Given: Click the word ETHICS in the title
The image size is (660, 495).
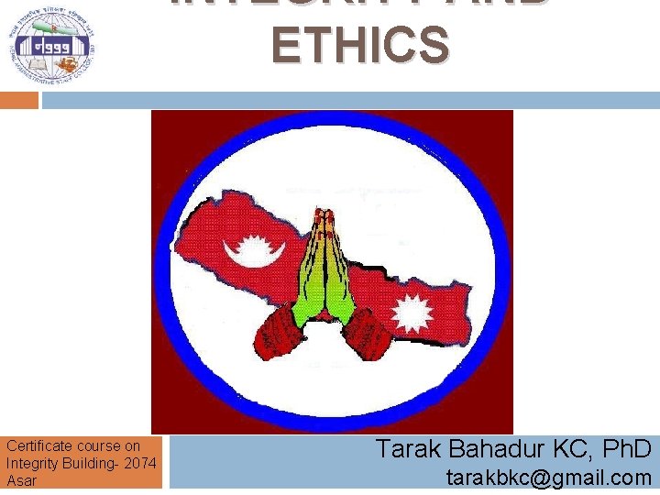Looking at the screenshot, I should [x=361, y=44].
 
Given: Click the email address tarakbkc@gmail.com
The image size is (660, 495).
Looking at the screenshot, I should [x=548, y=477].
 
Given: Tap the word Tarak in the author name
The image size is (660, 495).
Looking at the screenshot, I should [x=409, y=448].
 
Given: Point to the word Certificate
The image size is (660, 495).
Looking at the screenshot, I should [x=36, y=446].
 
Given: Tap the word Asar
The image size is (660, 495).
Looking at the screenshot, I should [x=22, y=480].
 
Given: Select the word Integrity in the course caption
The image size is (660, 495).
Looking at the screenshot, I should [x=33, y=463].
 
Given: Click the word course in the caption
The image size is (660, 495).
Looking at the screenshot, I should [x=94, y=446].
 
